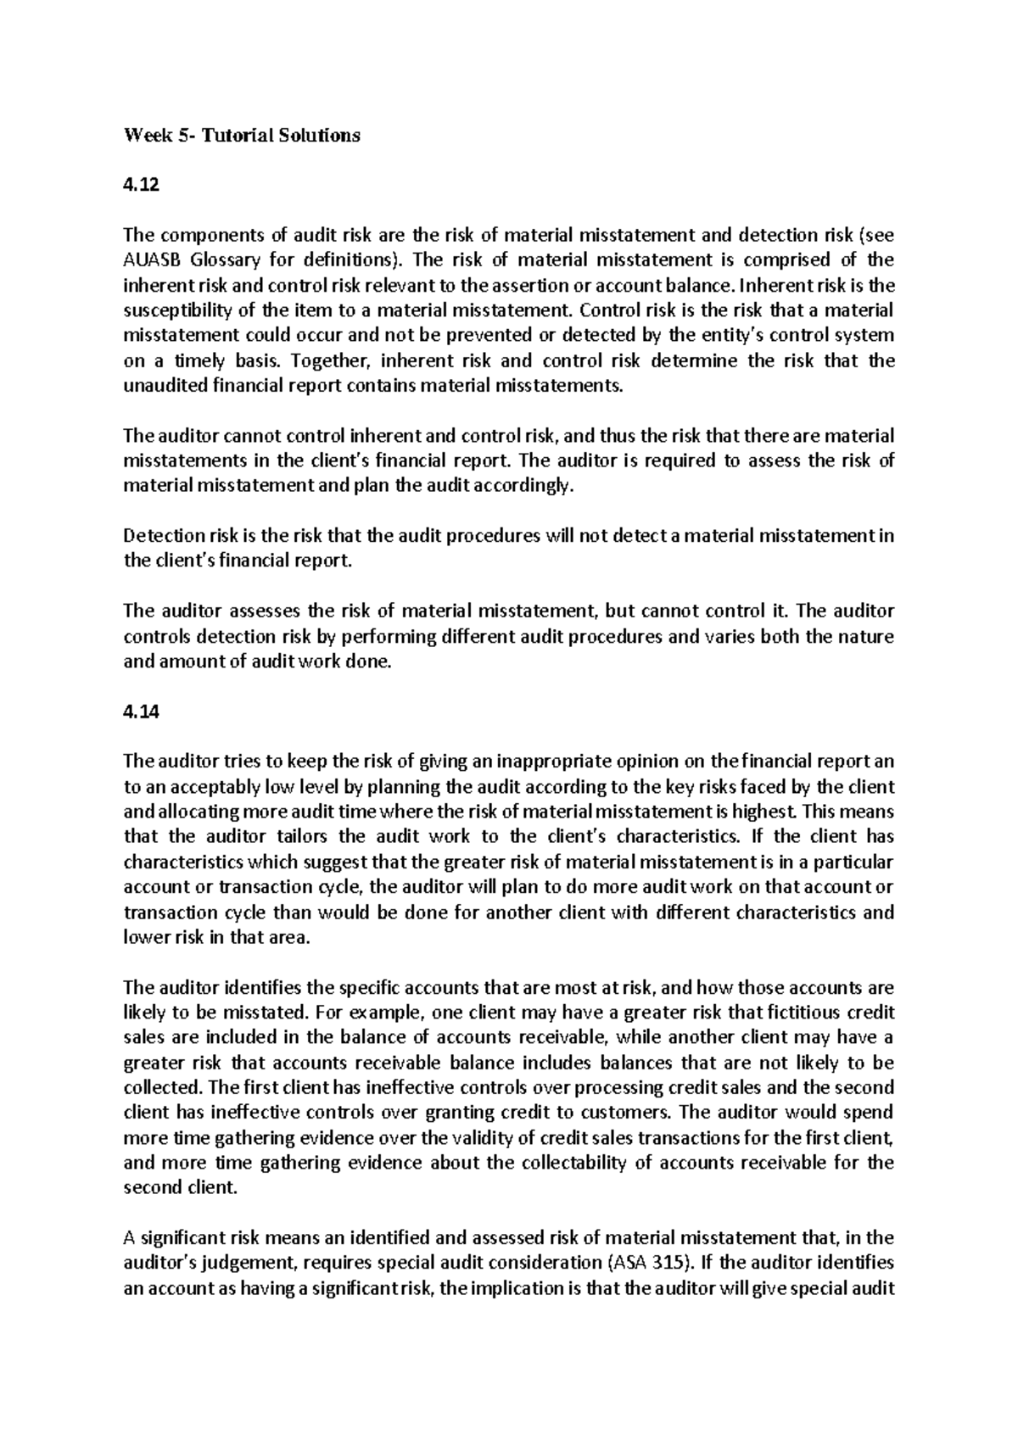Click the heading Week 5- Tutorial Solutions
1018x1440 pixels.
click(x=242, y=135)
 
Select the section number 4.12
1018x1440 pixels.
click(x=141, y=185)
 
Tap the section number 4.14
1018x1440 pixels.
click(x=141, y=712)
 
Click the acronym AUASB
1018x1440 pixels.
click(x=150, y=260)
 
